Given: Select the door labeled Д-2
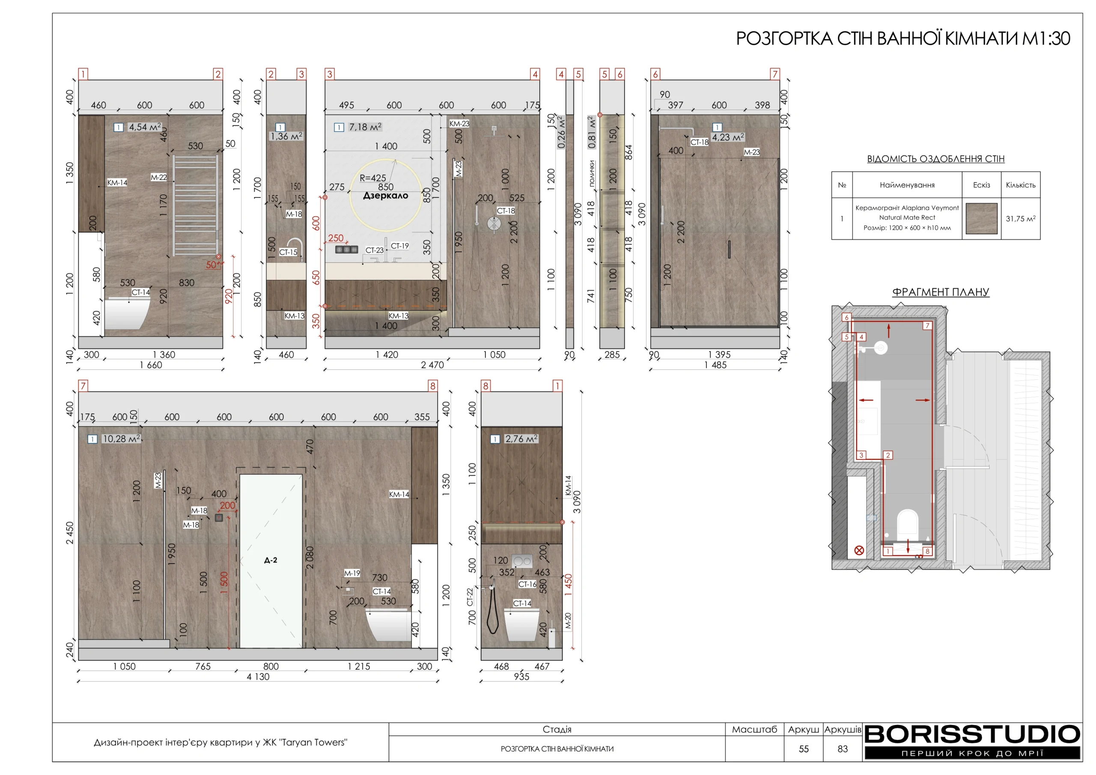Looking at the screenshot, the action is coord(271,560).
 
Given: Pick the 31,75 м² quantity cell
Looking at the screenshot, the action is coord(1021,219).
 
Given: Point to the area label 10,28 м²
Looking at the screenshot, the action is coord(121,438).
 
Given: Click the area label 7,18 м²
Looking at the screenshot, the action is coord(365,127).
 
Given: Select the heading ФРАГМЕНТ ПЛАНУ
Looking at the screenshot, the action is coord(941,292).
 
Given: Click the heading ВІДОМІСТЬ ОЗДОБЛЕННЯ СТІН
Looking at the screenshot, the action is coord(935,158).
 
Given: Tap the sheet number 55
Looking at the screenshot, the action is coord(804,749).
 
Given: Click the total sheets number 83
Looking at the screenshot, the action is coord(843,749).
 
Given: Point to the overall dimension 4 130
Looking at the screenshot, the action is coord(258,676).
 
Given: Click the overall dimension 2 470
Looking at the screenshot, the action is coord(432,365).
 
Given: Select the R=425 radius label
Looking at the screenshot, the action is coord(372,178).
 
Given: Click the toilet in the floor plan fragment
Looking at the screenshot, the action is coord(908,524).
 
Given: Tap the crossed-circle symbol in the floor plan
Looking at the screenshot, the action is coord(859,550).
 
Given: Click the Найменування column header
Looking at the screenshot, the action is coord(907,185).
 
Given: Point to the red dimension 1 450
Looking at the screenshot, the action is coord(568,584).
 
